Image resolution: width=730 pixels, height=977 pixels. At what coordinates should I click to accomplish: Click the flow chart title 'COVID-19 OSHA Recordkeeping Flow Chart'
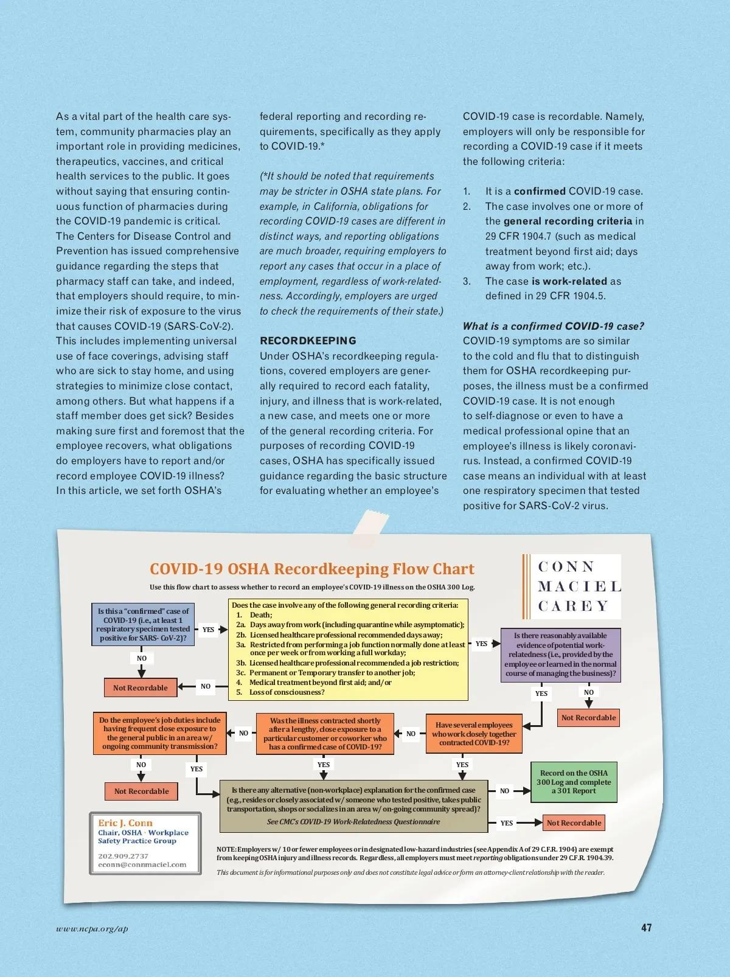(x=312, y=569)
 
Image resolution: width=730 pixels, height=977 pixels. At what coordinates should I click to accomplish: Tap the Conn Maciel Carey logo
(x=572, y=586)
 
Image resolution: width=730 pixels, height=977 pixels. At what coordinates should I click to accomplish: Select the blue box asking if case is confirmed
(x=143, y=624)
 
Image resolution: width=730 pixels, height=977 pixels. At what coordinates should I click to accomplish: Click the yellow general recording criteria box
(x=349, y=649)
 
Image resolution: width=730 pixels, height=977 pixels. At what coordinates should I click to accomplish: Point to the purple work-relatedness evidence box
(x=560, y=655)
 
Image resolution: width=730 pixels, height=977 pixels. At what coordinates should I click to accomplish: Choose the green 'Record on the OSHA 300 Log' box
(x=574, y=782)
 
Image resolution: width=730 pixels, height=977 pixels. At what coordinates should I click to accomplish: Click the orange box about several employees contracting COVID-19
(x=474, y=734)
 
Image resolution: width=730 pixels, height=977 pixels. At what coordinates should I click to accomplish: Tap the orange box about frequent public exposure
(x=159, y=733)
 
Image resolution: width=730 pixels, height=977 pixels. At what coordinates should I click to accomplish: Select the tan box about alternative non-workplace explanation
(x=353, y=806)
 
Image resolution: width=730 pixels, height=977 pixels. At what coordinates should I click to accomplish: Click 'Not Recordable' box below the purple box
(x=588, y=718)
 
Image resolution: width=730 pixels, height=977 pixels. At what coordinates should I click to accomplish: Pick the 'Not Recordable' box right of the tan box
(x=574, y=823)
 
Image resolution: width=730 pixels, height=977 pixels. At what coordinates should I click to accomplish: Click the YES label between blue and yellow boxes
(x=208, y=630)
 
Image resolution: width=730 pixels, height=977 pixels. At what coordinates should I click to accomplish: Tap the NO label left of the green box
(x=504, y=791)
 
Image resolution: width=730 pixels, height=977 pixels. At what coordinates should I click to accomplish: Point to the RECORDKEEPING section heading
(x=308, y=341)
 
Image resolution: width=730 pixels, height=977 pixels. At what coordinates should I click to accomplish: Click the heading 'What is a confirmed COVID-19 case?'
(x=553, y=326)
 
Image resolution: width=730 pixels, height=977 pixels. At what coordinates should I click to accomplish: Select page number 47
(x=646, y=928)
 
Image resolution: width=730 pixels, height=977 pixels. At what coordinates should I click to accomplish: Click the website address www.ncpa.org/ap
(x=92, y=929)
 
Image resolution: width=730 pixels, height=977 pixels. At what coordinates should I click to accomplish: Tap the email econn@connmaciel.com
(x=142, y=864)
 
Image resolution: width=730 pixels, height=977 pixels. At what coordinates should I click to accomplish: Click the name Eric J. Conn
(x=125, y=823)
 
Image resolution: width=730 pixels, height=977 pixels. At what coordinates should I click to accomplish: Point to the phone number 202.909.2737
(x=123, y=856)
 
